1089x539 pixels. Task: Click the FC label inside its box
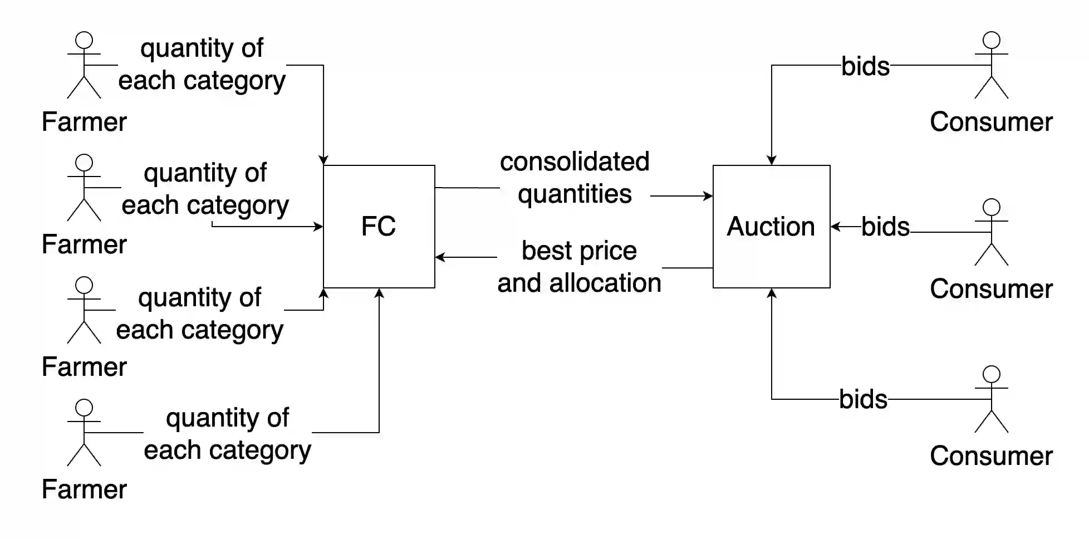[378, 227]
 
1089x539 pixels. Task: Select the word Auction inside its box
[771, 227]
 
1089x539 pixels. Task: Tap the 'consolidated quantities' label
[575, 178]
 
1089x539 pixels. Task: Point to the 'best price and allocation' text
[579, 267]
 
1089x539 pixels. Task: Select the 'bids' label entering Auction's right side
[885, 227]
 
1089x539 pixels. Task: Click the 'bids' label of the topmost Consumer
[865, 66]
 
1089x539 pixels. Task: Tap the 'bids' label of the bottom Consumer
[863, 399]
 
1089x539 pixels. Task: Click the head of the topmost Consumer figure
[991, 40]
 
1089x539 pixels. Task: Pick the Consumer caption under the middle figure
[991, 289]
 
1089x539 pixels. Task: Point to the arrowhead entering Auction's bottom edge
[771, 293]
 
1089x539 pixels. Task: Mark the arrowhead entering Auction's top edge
[771, 160]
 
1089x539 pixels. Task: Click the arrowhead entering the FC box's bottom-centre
[379, 293]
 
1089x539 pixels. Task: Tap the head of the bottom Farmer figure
[84, 408]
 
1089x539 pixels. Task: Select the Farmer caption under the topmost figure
[84, 122]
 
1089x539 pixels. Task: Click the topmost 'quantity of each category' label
[202, 64]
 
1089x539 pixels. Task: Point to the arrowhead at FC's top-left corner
[323, 160]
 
